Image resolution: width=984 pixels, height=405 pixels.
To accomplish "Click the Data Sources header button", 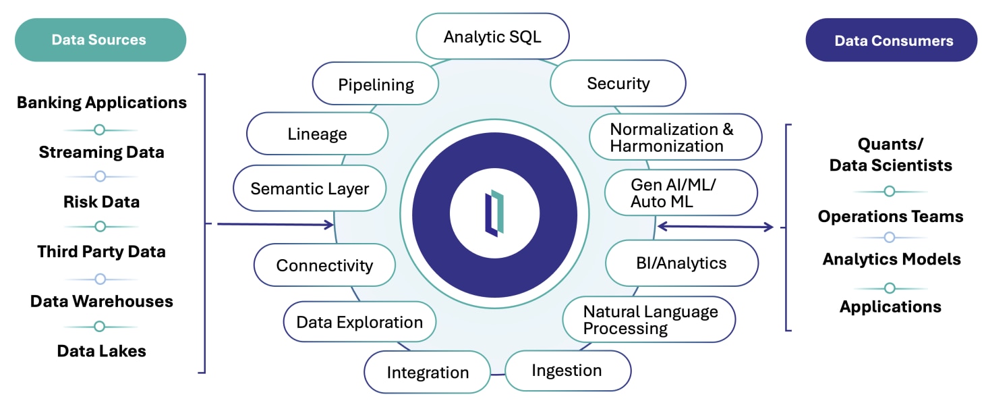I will (100, 40).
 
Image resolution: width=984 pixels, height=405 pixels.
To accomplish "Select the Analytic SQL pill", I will (492, 36).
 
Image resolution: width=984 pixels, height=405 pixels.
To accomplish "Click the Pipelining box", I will (376, 84).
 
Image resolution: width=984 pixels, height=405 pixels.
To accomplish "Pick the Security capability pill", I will (618, 84).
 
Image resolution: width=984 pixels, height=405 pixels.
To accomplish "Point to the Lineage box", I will (317, 134).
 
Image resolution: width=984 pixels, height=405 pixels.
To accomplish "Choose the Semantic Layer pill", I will (310, 188).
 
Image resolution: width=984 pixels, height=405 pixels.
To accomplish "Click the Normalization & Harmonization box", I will (675, 137).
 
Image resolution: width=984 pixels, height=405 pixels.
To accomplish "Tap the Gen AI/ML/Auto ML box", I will (681, 192).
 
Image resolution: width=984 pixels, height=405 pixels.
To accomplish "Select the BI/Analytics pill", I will (681, 263).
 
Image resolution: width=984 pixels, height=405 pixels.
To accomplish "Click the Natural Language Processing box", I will (649, 320).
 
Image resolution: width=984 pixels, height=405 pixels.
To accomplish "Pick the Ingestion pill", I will (567, 371).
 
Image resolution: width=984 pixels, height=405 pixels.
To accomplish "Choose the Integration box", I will (427, 373).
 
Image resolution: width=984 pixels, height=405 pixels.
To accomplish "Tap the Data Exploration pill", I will (359, 322).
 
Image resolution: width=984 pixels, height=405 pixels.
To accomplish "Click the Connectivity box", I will (324, 265).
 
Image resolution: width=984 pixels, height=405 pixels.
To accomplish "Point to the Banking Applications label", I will (101, 103).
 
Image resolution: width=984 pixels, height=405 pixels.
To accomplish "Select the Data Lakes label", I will (101, 351).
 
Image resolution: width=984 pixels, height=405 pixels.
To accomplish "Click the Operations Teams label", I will (890, 217).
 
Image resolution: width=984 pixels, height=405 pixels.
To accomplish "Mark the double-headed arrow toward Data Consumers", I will (715, 227).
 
